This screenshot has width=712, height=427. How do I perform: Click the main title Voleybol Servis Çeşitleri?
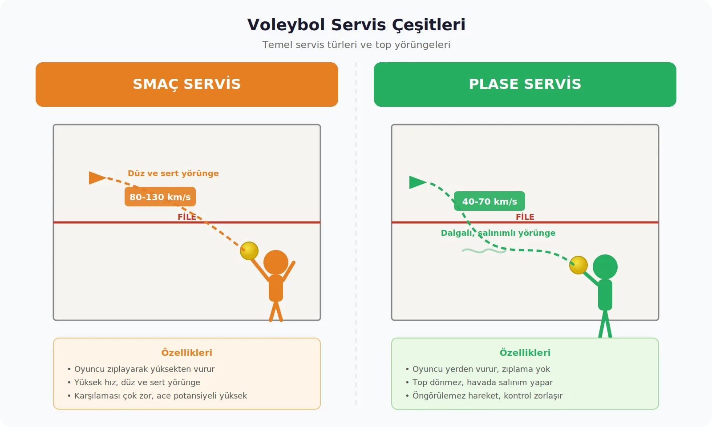click(356, 25)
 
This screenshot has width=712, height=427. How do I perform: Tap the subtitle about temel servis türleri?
click(356, 45)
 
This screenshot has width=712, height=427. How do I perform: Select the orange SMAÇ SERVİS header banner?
click(187, 85)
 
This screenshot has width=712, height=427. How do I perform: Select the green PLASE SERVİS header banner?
click(525, 85)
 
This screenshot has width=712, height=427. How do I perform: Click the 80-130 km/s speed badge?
click(160, 197)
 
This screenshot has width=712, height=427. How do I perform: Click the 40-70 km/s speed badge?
click(489, 201)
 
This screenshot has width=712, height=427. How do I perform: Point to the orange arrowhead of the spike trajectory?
click(96, 178)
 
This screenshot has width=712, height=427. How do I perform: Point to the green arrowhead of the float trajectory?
click(417, 182)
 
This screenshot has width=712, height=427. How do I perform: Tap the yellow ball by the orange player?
click(249, 251)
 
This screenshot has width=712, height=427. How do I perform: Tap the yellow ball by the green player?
click(578, 265)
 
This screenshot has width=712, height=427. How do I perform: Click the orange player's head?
click(276, 262)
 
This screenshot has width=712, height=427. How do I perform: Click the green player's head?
click(605, 267)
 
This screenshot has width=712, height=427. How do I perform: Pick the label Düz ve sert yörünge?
click(173, 173)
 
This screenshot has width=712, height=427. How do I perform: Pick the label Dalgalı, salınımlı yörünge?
click(498, 233)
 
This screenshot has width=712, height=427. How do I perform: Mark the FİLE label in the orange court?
click(187, 217)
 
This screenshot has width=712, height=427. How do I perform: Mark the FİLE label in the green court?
click(525, 217)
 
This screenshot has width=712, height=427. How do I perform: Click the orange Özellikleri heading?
click(187, 353)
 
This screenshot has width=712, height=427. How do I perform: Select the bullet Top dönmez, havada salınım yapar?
click(482, 383)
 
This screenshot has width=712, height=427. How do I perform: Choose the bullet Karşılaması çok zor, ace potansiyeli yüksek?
click(160, 396)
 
